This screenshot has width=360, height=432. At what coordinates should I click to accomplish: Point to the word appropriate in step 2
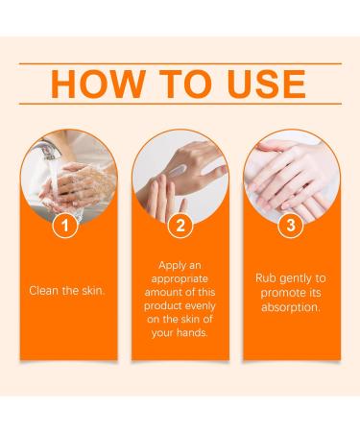[x=180, y=276]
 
